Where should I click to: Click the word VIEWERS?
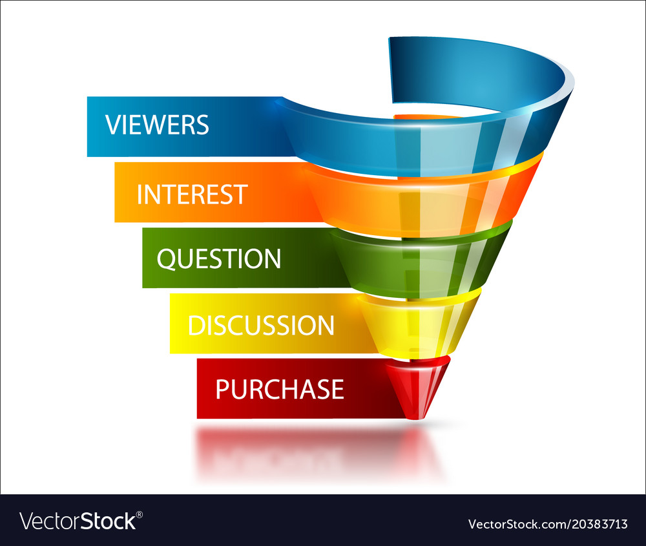[157, 125]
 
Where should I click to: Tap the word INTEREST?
[192, 194]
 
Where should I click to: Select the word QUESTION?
[218, 259]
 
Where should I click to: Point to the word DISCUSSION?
[260, 325]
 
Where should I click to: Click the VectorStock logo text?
[78, 521]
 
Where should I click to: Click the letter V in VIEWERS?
[112, 125]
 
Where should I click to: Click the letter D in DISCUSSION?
[196, 325]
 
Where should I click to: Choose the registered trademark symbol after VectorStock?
[140, 514]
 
